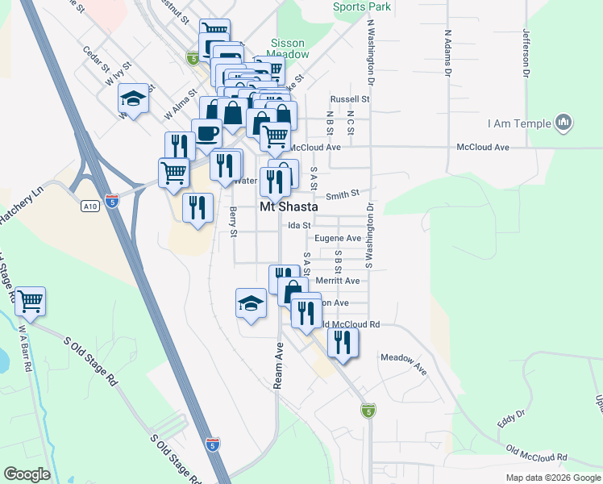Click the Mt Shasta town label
289,207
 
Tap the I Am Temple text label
519,124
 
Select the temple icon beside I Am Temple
563,123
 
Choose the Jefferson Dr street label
526,53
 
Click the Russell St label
349,99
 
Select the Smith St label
342,194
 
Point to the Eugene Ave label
338,238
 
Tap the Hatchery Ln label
20,207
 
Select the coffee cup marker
206,132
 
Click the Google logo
27,474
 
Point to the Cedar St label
94,57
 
